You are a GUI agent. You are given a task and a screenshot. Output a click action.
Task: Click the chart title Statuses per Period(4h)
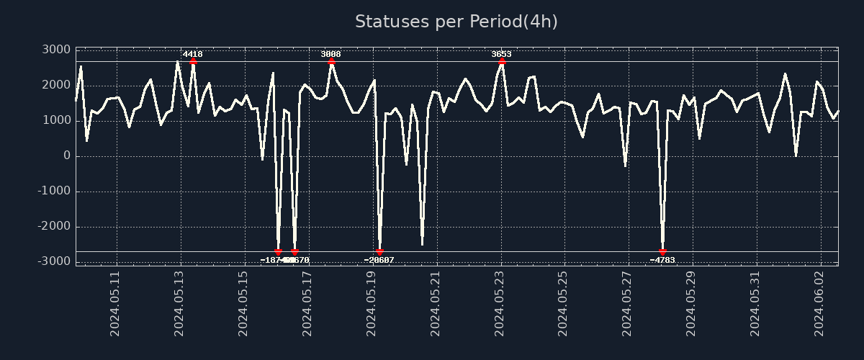pos(456,22)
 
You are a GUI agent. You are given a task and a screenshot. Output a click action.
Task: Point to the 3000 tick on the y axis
pos(56,50)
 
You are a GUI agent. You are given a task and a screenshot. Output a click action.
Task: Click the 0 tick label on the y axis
pos(66,156)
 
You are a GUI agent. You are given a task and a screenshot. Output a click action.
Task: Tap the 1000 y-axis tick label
pos(56,120)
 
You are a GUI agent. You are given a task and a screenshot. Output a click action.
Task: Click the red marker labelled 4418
pos(193,62)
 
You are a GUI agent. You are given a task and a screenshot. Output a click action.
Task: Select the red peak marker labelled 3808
pos(331,62)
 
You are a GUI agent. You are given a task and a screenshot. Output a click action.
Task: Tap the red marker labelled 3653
pos(502,62)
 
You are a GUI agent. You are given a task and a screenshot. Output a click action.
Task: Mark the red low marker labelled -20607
pos(379,251)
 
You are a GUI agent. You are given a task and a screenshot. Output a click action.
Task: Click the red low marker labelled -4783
pos(662,251)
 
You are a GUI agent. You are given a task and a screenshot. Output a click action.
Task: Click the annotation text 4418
pos(192,54)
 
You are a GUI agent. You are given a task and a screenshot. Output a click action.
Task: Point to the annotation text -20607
pos(379,260)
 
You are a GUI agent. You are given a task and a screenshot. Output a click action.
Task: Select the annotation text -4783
pos(662,260)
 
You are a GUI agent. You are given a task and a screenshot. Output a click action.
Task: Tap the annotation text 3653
pos(502,54)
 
